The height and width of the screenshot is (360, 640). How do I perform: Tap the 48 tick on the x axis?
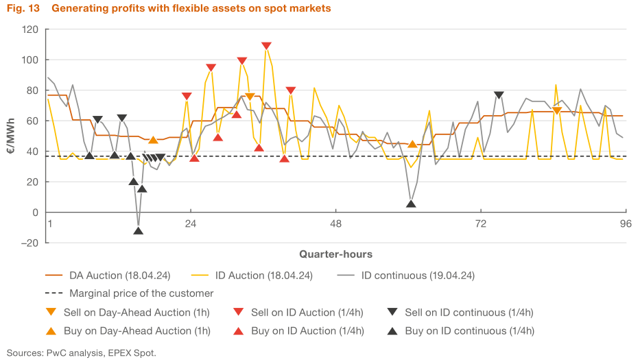(x=335, y=224)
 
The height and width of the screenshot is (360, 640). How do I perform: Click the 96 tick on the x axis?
(x=626, y=224)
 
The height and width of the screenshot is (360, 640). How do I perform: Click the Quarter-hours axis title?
(x=335, y=254)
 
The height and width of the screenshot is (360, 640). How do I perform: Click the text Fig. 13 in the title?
(x=23, y=9)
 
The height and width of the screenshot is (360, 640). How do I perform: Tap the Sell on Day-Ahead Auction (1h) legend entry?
(x=141, y=313)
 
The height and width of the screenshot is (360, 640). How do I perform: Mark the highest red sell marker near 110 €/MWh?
(x=266, y=46)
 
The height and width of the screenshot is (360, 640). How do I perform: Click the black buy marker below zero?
(x=139, y=230)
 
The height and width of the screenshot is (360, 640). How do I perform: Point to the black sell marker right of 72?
(x=499, y=95)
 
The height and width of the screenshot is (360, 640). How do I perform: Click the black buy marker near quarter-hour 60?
(x=411, y=203)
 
